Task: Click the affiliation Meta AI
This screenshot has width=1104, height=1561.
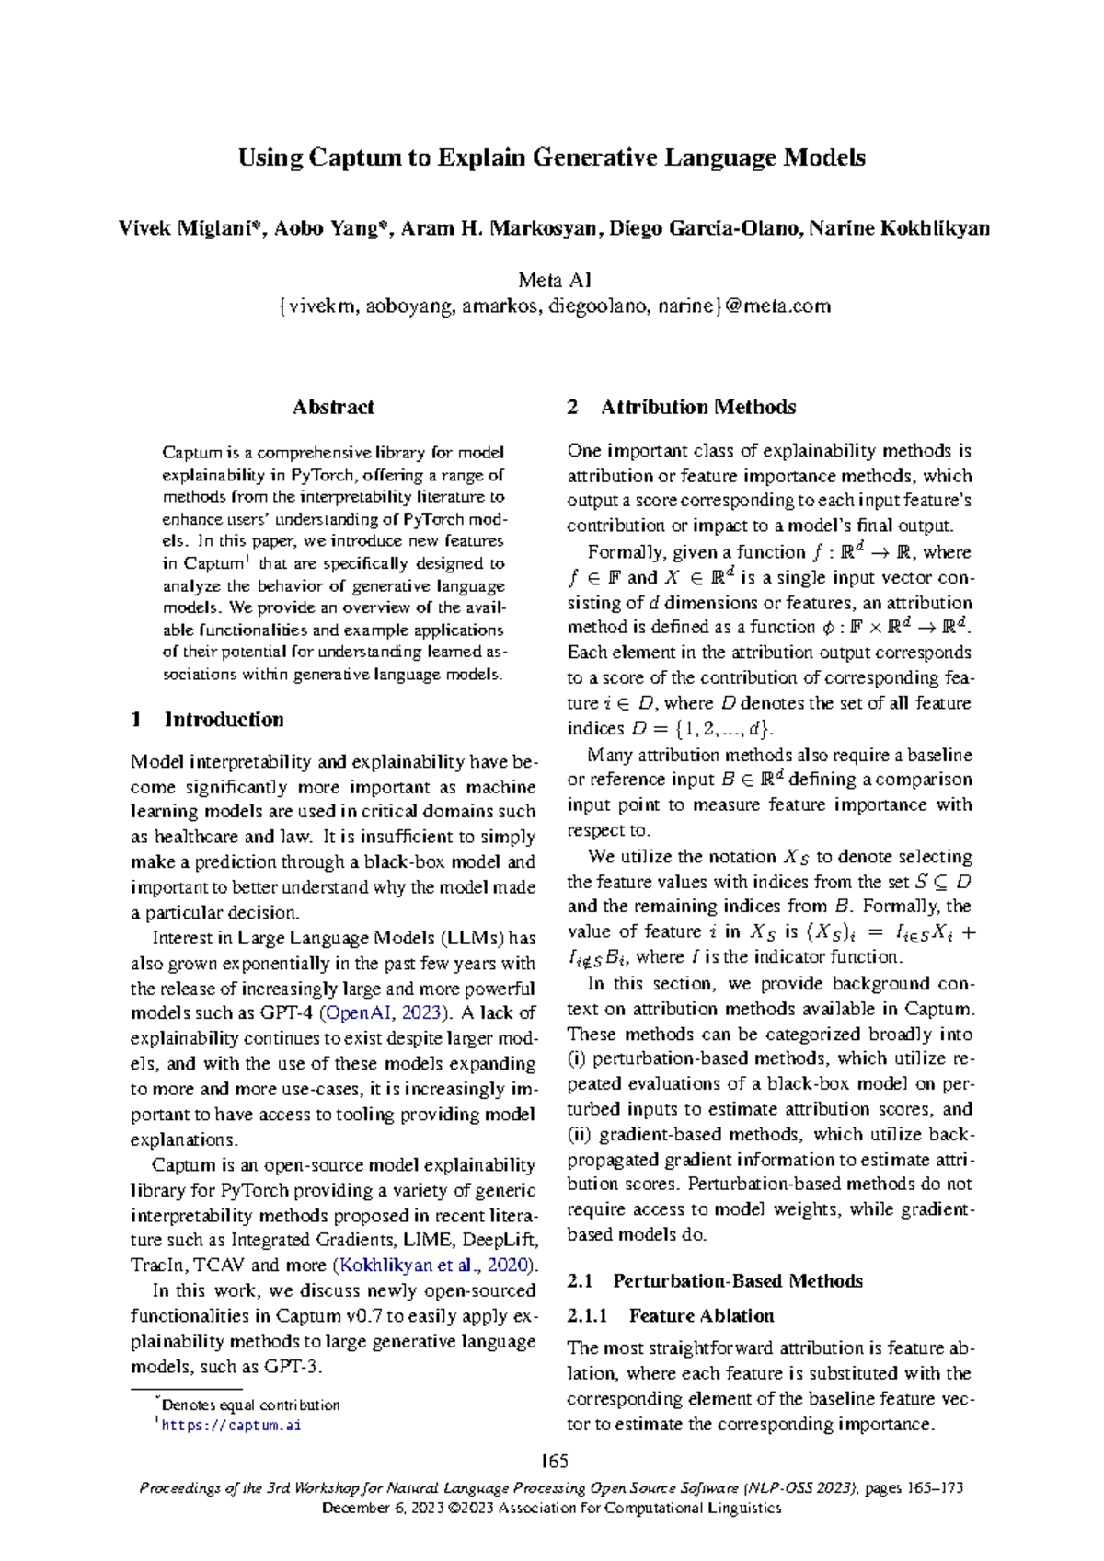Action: (554, 280)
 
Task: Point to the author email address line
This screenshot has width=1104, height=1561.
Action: (554, 306)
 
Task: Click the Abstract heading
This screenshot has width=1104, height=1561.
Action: (333, 407)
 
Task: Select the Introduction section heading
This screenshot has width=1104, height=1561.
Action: (224, 720)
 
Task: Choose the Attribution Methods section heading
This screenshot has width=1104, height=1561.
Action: (697, 407)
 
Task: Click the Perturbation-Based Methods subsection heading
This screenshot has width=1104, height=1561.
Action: (737, 1281)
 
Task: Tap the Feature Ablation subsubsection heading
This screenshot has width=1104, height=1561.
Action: (701, 1316)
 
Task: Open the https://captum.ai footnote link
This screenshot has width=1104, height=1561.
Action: (231, 1426)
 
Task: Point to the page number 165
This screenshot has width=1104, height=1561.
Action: (554, 1462)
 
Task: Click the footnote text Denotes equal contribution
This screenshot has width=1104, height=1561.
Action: (250, 1405)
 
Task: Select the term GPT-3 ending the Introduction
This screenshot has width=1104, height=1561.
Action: (292, 1367)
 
